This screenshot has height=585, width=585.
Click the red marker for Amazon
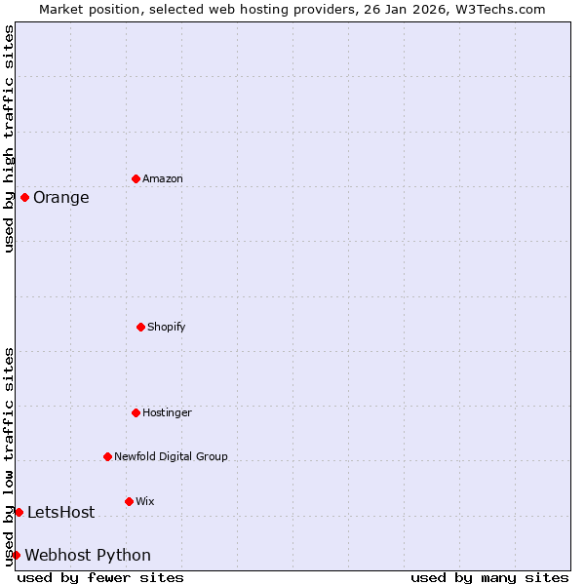point(136,178)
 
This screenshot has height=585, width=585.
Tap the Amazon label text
point(162,178)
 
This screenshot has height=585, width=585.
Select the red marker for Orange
point(24,197)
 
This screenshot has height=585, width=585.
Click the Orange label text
point(60,198)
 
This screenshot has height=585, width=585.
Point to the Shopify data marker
point(140,327)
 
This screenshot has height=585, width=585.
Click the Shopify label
point(166,327)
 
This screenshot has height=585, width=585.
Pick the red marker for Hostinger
point(136,412)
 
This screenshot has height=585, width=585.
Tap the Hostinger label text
point(167,412)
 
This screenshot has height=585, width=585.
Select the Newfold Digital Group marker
point(107,456)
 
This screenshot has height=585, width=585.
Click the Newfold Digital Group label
point(171,456)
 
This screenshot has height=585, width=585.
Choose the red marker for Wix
point(129,501)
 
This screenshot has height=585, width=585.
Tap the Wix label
point(144,501)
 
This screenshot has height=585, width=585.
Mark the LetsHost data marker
point(19,512)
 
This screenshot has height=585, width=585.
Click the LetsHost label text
point(60,513)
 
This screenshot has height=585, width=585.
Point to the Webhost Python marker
point(16,555)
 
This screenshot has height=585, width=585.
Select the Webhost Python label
point(88,556)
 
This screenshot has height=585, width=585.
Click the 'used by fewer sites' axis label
point(100,577)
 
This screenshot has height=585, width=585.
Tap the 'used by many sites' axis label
point(489,577)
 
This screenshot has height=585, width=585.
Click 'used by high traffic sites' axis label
point(9,138)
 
